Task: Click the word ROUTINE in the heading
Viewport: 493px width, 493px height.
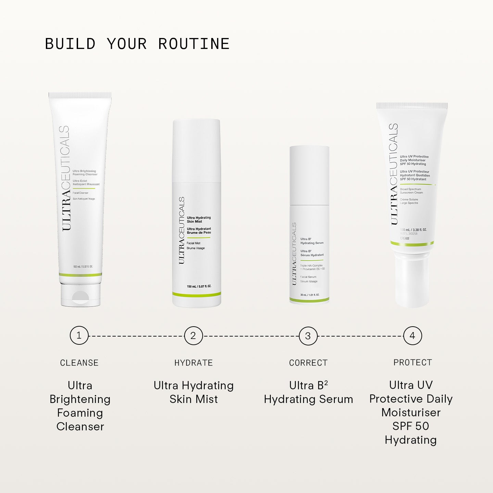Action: [194, 44]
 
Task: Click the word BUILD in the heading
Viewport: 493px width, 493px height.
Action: [70, 44]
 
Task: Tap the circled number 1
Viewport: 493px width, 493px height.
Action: [79, 336]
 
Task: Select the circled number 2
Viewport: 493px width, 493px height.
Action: [193, 336]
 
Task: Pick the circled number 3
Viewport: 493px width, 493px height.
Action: [308, 336]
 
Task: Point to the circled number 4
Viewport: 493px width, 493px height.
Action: [413, 336]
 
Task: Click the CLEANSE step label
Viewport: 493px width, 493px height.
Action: [79, 363]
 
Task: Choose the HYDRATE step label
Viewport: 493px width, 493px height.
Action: [193, 363]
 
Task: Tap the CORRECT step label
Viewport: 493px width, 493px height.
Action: [308, 363]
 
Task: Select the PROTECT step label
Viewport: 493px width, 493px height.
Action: [413, 363]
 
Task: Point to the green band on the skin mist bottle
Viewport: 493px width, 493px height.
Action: [197, 294]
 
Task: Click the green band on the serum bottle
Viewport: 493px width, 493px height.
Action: [309, 300]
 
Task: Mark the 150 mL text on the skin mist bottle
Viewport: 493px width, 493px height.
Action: [199, 286]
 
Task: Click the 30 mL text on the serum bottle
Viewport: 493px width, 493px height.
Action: [309, 295]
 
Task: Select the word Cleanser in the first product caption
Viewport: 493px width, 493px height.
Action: [80, 427]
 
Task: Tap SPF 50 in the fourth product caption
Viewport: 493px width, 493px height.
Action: [410, 426]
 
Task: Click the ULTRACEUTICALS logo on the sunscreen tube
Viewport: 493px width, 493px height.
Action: [394, 174]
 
